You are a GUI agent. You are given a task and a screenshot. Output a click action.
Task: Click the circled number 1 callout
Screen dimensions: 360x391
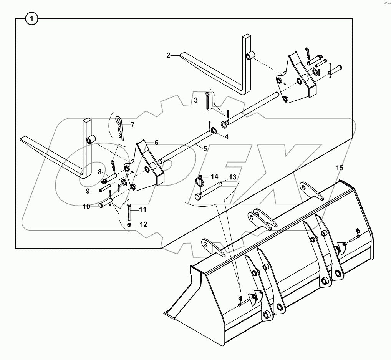[x=32, y=18]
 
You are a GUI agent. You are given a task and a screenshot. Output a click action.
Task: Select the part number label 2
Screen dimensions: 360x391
[x=168, y=55]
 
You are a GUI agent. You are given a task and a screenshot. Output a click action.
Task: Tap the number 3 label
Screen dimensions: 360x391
[x=196, y=100]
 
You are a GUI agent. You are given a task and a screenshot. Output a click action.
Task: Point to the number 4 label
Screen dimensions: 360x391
[x=226, y=136]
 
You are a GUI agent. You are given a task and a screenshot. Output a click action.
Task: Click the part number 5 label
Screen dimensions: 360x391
[x=205, y=148]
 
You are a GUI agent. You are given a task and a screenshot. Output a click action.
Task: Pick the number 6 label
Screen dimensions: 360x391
[x=156, y=143]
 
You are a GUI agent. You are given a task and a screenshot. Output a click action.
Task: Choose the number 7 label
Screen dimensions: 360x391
[x=133, y=124]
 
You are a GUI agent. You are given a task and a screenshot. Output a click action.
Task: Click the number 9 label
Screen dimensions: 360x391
[x=88, y=191]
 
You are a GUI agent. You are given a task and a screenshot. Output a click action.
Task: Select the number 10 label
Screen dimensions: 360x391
[x=86, y=206]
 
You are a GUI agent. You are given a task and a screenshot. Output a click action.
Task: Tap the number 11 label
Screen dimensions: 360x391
[x=142, y=210]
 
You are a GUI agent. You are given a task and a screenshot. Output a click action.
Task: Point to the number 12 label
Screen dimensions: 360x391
[x=143, y=224]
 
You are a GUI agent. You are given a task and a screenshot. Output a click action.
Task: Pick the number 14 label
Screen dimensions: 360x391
[x=214, y=176]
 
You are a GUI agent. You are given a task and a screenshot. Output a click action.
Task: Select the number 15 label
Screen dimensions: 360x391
[x=340, y=168]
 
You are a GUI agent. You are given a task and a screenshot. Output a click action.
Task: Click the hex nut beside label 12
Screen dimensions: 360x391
[x=130, y=224]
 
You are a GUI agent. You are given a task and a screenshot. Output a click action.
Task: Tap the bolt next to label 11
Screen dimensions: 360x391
[x=129, y=211]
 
